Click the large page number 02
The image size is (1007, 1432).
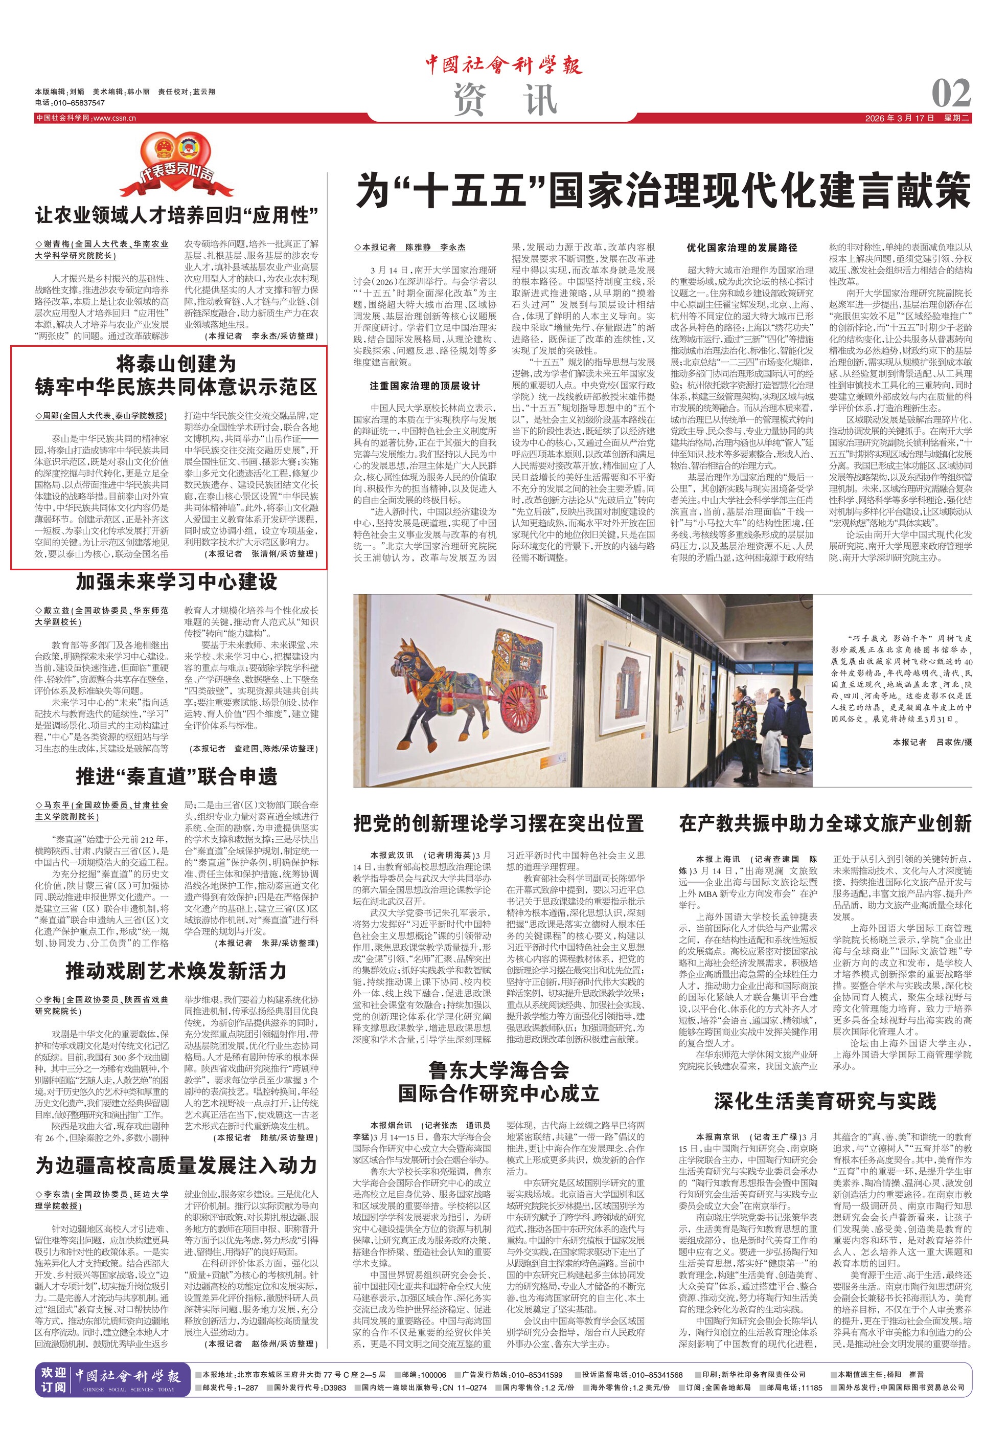pyautogui.click(x=951, y=94)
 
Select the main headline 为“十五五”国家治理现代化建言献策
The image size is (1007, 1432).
pyautogui.click(x=663, y=191)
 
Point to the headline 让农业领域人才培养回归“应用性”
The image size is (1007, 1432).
pyautogui.click(x=177, y=216)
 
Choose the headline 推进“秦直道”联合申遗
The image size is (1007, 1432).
pyautogui.click(x=177, y=776)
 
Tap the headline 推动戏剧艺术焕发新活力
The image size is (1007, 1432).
pyautogui.click(x=177, y=971)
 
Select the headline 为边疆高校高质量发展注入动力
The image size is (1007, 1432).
pyautogui.click(x=177, y=1165)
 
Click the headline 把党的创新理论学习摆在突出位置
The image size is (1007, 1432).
pyautogui.click(x=499, y=823)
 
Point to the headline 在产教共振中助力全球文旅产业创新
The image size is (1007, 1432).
pyautogui.click(x=826, y=823)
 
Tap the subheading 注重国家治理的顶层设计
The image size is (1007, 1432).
pyautogui.click(x=425, y=386)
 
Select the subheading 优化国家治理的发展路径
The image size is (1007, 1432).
pyautogui.click(x=742, y=248)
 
